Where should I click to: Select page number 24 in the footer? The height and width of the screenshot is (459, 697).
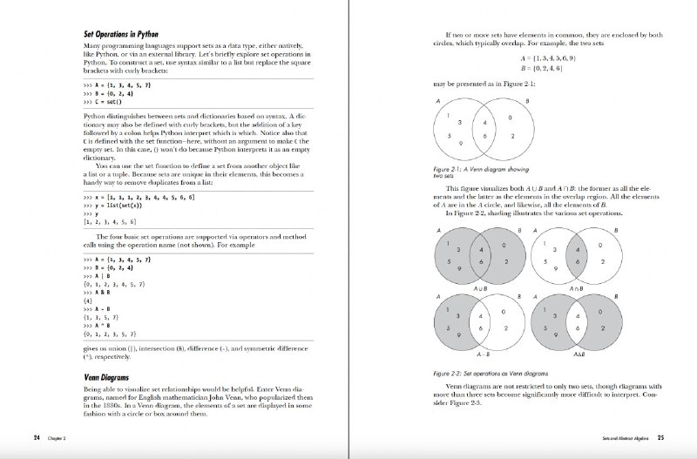pyautogui.click(x=37, y=437)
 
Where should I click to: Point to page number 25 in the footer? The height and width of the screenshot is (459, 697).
pyautogui.click(x=661, y=437)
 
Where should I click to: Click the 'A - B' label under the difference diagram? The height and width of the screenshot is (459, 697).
pyautogui.click(x=480, y=355)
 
